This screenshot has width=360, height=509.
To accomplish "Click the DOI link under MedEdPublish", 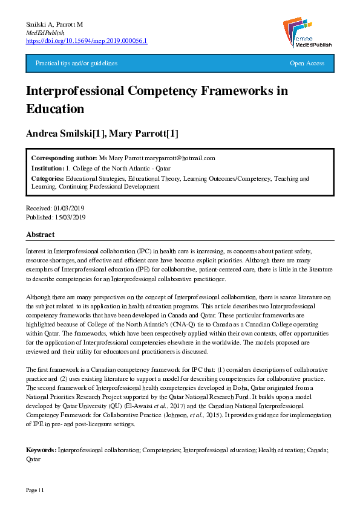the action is point(87,41).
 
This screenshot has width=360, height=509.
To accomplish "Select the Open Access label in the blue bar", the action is point(307,63).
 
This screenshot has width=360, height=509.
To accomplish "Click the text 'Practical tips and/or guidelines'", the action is point(76,63).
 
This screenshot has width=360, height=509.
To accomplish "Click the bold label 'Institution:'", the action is point(47,168).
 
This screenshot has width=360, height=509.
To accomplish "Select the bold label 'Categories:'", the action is point(47,179).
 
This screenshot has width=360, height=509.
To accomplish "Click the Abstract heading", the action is point(41,234).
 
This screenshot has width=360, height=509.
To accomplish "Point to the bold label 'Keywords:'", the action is point(41,450).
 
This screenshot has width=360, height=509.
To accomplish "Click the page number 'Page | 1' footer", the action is point(34,489).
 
